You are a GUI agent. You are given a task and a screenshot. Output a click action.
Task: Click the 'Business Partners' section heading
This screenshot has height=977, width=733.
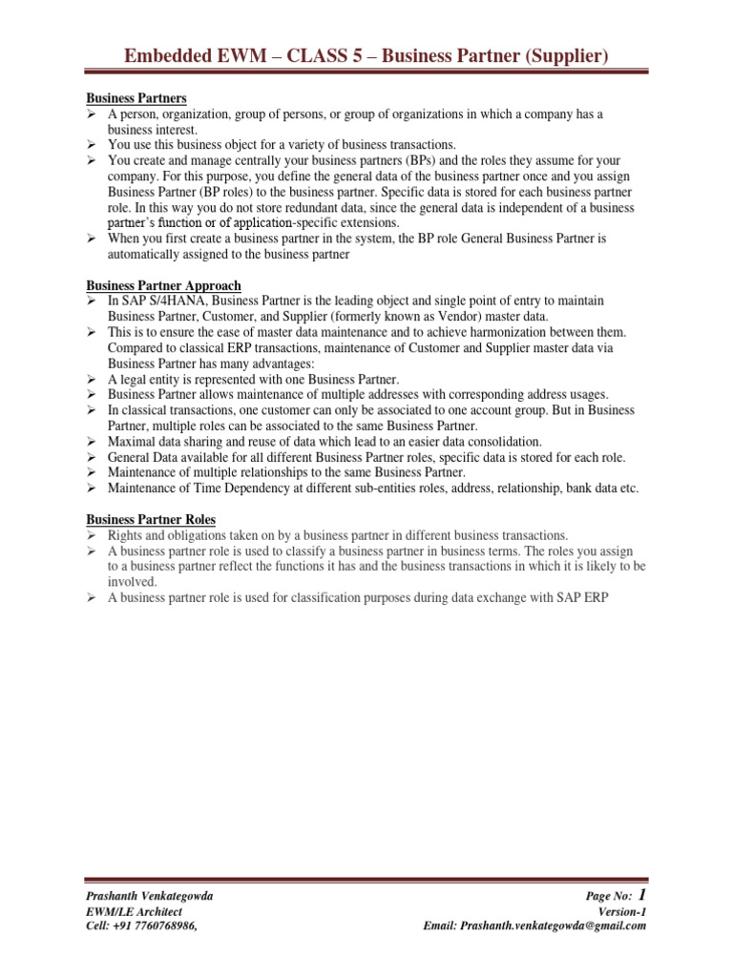(136, 98)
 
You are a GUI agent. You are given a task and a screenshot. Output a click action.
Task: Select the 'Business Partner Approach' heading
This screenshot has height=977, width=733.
(163, 285)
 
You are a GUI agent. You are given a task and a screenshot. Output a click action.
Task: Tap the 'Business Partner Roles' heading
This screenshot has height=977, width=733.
(151, 519)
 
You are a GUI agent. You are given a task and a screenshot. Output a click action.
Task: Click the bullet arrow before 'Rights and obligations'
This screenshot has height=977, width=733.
(93, 535)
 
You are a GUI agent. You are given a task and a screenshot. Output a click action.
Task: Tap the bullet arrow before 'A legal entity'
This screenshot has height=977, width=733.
(93, 379)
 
